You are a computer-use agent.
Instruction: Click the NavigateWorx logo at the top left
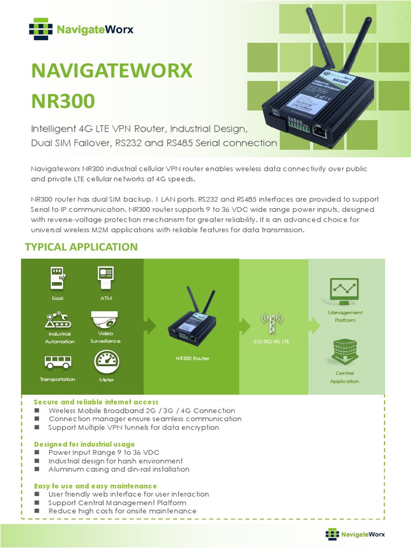pyautogui.click(x=81, y=29)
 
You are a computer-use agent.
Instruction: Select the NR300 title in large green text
pyautogui.click(x=63, y=101)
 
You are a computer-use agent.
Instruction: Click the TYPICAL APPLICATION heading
pyautogui.click(x=81, y=247)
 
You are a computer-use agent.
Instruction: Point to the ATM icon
pyautogui.click(x=105, y=277)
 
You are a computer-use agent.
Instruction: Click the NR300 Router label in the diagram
pyautogui.click(x=192, y=358)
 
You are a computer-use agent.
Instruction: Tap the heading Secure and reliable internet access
pyautogui.click(x=96, y=402)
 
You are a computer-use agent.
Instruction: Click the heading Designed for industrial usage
pyautogui.click(x=85, y=444)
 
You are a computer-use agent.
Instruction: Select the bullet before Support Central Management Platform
pyautogui.click(x=37, y=503)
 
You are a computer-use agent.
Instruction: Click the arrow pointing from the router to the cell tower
pyautogui.click(x=245, y=324)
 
